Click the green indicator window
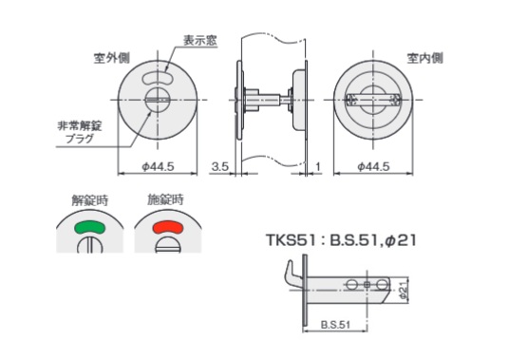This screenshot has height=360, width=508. pyautogui.click(x=90, y=227)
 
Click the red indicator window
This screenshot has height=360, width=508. pyautogui.click(x=168, y=227)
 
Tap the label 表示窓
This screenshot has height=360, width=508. pyautogui.click(x=200, y=41)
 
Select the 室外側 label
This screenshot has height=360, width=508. pyautogui.click(x=112, y=58)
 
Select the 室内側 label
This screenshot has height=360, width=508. pyautogui.click(x=424, y=58)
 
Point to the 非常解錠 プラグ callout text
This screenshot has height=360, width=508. pyautogui.click(x=80, y=132)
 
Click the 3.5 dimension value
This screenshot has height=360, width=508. pyautogui.click(x=220, y=167)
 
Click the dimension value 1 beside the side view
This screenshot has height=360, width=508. pyautogui.click(x=318, y=167)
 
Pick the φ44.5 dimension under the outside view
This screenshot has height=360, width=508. pyautogui.click(x=159, y=167)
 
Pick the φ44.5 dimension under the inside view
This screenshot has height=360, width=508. pyautogui.click(x=373, y=167)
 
